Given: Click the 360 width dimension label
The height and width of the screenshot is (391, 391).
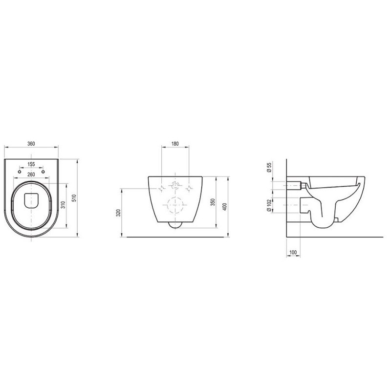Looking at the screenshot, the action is point(31,144).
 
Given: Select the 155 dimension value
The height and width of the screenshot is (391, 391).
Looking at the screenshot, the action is point(31,164).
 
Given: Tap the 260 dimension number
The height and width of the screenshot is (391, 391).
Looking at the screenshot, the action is point(31,174).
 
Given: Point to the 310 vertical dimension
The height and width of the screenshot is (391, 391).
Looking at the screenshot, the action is point(64,205).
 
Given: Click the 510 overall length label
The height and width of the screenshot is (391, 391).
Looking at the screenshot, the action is point(74,198).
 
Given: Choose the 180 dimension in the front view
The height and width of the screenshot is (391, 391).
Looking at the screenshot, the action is point(175,144).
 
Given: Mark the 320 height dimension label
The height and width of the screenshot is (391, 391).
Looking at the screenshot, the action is point(119,213).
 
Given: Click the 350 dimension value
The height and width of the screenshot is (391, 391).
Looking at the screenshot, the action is point(213,202).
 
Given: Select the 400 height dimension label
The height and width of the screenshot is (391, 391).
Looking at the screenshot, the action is point(225,207).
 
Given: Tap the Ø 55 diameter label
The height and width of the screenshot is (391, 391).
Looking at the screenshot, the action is point(269,167).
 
